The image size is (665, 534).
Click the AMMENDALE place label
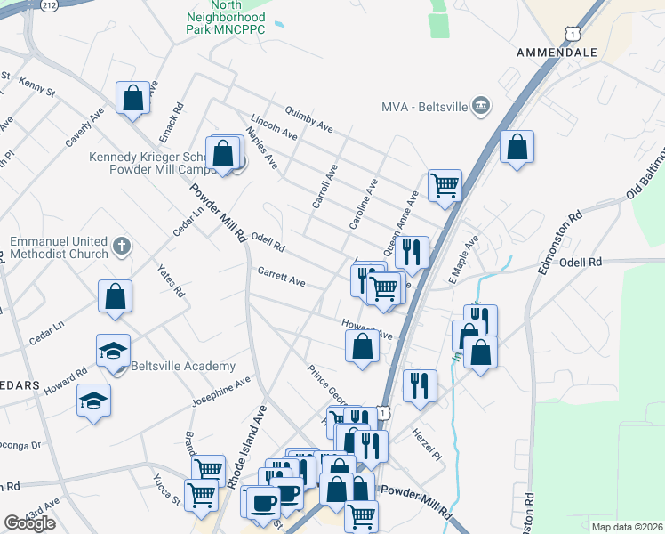557,53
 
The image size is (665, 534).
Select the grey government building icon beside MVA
481,107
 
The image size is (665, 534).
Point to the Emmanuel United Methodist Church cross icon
123,244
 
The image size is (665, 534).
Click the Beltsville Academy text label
183,366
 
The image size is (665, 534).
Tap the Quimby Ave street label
308,121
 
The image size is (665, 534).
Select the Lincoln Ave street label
273,128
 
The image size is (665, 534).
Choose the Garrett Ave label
281,278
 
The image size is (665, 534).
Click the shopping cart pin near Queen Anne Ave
445,185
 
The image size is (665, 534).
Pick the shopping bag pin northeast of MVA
517,146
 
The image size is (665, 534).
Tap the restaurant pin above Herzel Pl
419,385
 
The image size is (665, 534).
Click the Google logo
29,522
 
